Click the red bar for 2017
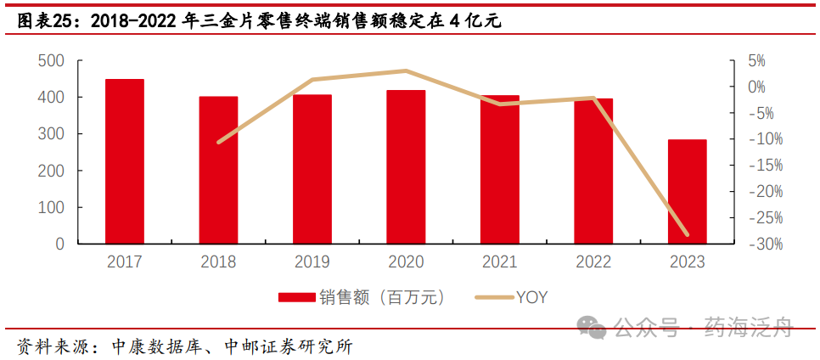click(x=125, y=161)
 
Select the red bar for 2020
click(x=406, y=166)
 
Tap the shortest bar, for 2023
click(x=687, y=192)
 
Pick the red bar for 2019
click(x=312, y=169)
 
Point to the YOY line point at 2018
click(x=219, y=142)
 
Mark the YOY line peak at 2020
click(x=406, y=70)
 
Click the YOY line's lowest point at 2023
click(x=687, y=234)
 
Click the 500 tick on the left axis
click(x=53, y=61)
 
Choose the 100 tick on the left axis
click(x=53, y=207)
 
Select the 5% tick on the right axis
click(x=755, y=61)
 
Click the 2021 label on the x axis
click(x=499, y=262)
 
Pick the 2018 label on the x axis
click(x=219, y=262)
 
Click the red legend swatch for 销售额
click(x=296, y=297)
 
